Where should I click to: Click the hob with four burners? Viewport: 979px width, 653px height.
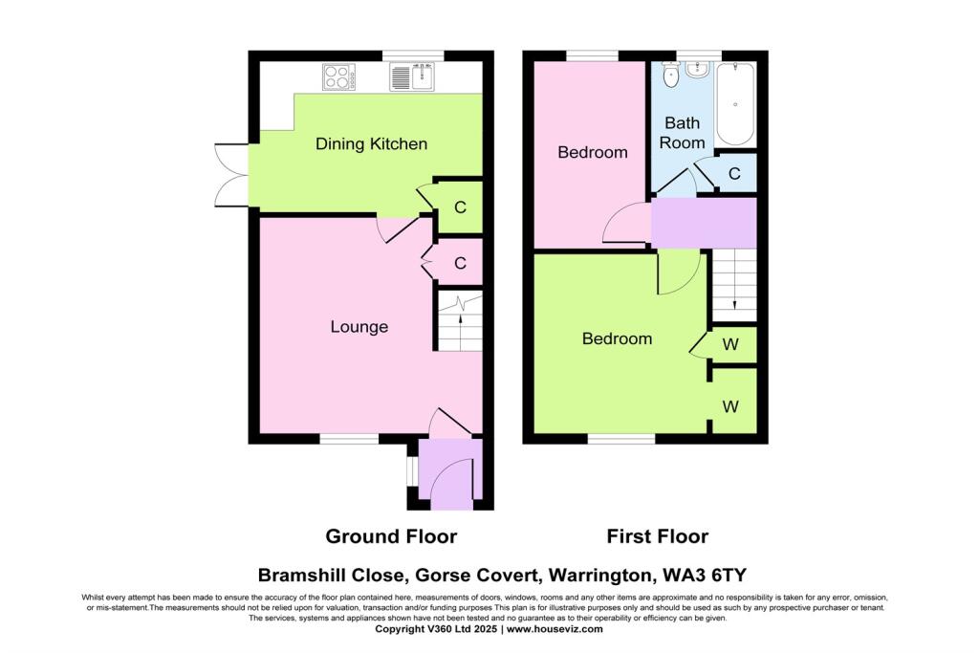[337, 76]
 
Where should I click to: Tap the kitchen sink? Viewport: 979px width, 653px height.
[412, 76]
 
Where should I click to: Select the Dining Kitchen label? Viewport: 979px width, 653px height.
[371, 144]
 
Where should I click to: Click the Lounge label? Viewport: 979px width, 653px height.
[359, 327]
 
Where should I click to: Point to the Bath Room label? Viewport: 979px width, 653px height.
[684, 132]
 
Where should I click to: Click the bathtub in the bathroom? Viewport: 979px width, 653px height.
[734, 103]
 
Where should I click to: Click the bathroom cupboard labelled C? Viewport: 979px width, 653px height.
[734, 174]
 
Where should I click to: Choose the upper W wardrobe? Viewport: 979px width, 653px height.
[730, 344]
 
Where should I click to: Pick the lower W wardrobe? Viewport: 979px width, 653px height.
[730, 406]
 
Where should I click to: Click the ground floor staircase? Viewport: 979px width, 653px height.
[461, 319]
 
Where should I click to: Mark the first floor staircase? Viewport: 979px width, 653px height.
[733, 285]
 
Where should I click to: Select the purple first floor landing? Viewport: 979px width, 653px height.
[704, 222]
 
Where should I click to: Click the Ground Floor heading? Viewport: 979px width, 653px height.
[391, 536]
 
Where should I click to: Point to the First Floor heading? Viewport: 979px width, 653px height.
[658, 536]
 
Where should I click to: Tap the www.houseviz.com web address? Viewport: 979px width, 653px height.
[555, 629]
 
